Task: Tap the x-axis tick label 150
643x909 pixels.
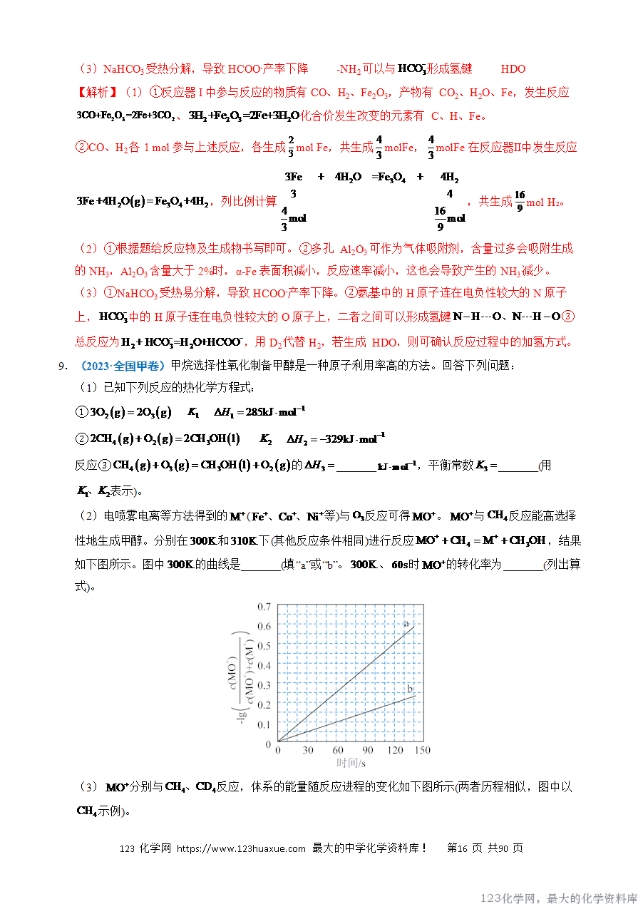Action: click(x=421, y=751)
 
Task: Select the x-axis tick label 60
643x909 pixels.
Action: click(x=338, y=751)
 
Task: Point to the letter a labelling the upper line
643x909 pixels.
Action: click(x=406, y=624)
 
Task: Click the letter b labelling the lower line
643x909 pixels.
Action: click(x=410, y=689)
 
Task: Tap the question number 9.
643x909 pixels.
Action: click(x=63, y=366)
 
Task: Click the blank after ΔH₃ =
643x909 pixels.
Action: click(x=356, y=467)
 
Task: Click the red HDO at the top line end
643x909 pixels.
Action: click(x=513, y=69)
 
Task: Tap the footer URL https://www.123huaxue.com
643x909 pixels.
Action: click(x=241, y=848)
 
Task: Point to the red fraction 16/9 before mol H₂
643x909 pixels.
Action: click(x=519, y=202)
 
